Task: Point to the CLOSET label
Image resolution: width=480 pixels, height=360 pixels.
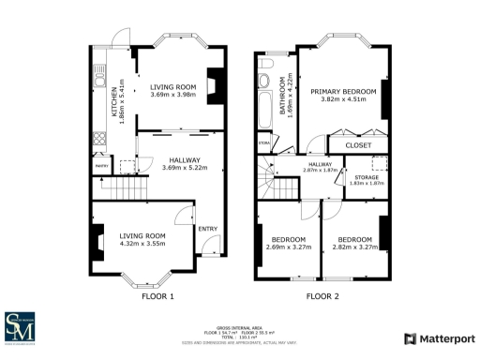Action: click(358, 145)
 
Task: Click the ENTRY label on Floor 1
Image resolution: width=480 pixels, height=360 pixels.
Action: click(207, 228)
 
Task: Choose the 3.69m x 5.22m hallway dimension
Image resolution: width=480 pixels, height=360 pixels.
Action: click(185, 168)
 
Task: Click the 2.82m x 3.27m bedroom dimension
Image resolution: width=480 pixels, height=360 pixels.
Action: click(354, 247)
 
